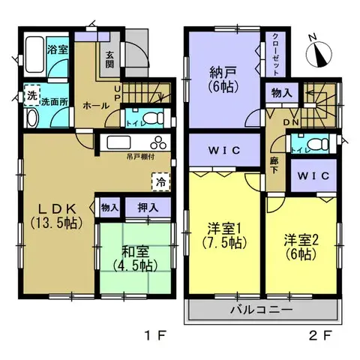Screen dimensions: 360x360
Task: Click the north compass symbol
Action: (x=320, y=51)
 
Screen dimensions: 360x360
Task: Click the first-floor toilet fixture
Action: (x=154, y=117)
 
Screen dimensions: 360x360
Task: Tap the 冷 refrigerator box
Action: (x=160, y=180)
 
